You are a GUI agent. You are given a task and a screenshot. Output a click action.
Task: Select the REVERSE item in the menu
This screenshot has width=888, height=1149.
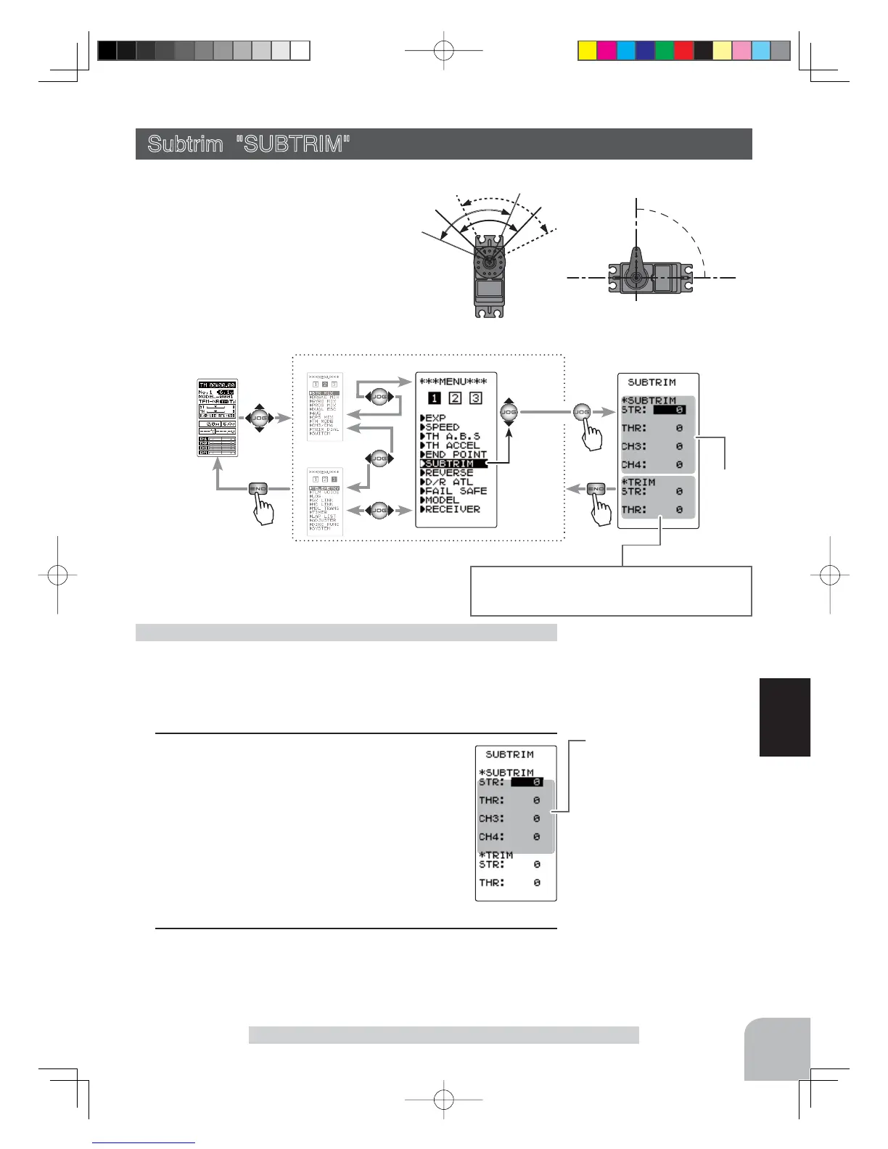449,473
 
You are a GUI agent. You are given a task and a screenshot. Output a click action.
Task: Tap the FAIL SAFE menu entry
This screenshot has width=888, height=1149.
456,491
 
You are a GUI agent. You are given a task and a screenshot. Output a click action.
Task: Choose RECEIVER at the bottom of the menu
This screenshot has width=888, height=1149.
453,509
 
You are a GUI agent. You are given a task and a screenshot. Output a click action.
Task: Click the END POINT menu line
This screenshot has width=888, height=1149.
456,455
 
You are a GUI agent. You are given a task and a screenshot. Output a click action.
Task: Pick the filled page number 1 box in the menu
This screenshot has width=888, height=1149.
434,398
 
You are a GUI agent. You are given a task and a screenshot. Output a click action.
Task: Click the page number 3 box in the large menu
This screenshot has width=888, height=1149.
475,398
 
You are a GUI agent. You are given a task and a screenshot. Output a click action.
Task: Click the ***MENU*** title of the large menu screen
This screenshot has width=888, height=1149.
453,382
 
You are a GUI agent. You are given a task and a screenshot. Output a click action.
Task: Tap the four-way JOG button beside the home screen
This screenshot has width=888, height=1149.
260,418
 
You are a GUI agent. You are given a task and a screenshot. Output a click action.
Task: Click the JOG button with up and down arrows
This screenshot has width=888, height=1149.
509,411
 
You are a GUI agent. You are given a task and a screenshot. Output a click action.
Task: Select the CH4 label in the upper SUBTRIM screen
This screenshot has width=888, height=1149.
633,465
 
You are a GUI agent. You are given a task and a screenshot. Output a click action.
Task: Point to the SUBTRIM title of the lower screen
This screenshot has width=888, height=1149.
509,754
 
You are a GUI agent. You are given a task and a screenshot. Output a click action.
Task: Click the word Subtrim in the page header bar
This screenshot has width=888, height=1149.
185,144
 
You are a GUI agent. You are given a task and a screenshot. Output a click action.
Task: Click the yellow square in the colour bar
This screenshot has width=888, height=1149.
587,51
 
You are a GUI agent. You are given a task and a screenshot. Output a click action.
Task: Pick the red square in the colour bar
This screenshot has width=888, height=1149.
683,51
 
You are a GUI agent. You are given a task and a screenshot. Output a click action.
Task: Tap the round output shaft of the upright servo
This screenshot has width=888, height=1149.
490,259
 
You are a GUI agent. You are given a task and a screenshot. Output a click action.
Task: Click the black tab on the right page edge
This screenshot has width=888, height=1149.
785,717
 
